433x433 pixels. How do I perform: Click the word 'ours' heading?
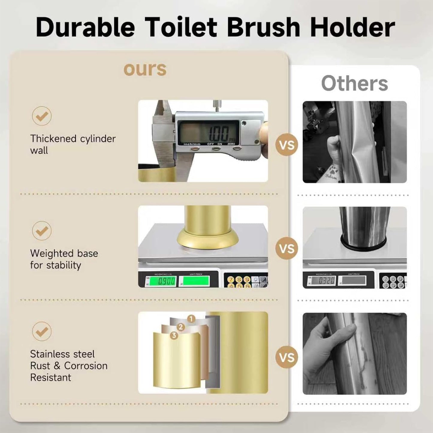145,69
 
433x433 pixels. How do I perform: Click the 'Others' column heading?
354,83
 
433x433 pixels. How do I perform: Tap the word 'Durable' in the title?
85,28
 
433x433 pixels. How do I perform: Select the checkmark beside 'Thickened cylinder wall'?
42,116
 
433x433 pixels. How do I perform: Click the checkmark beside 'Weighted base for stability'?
42,230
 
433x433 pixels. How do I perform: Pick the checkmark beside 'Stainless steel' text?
42,331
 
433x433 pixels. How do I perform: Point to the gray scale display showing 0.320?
323,281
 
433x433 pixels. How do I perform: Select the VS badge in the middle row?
286,248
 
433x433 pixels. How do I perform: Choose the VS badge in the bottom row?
286,357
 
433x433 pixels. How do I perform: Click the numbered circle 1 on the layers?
191,319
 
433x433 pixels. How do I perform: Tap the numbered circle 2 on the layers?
180,327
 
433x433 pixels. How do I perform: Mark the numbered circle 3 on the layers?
174,335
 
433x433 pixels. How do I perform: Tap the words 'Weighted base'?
64,253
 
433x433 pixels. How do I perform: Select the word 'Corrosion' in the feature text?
86,366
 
